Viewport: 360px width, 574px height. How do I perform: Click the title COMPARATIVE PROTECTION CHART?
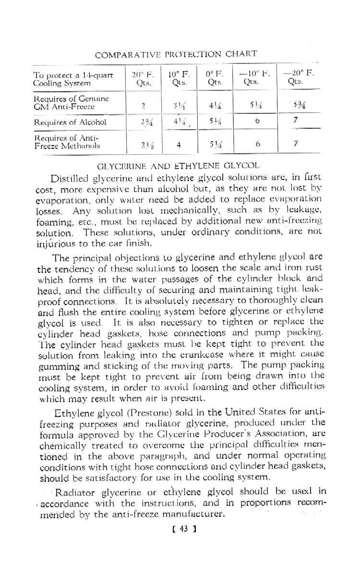pyautogui.click(x=176, y=54)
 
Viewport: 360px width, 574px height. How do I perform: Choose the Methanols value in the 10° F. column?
pyautogui.click(x=179, y=144)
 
